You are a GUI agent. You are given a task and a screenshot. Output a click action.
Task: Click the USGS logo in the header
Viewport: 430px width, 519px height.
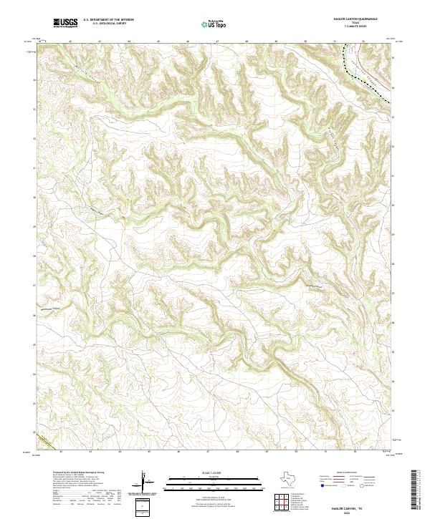[65, 23]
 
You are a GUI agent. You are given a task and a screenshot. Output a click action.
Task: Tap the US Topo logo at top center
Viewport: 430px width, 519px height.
[215, 24]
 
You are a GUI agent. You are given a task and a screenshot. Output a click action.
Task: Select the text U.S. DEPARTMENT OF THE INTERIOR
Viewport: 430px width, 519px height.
[108, 20]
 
